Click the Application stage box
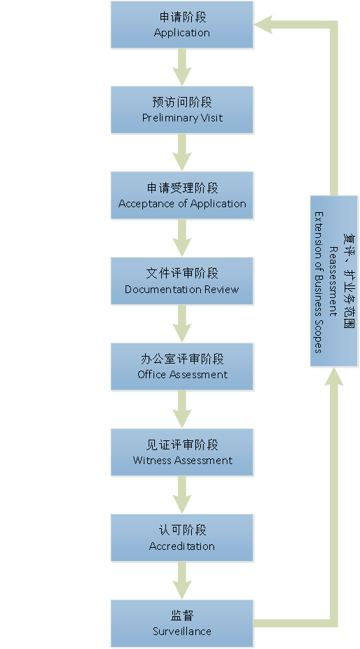click(181, 25)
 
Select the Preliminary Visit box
click(181, 110)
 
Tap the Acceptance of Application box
click(181, 195)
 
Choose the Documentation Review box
click(181, 281)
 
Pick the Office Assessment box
click(181, 366)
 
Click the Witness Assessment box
click(181, 452)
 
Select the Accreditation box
click(181, 537)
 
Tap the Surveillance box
click(181, 623)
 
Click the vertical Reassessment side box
click(334, 281)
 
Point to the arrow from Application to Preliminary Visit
click(181, 68)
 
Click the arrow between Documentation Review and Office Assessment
click(181, 324)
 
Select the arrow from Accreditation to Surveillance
click(181, 581)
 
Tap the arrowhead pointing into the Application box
click(263, 25)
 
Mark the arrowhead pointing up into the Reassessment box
click(334, 377)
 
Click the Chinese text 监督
click(181, 616)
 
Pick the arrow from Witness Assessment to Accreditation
click(181, 495)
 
